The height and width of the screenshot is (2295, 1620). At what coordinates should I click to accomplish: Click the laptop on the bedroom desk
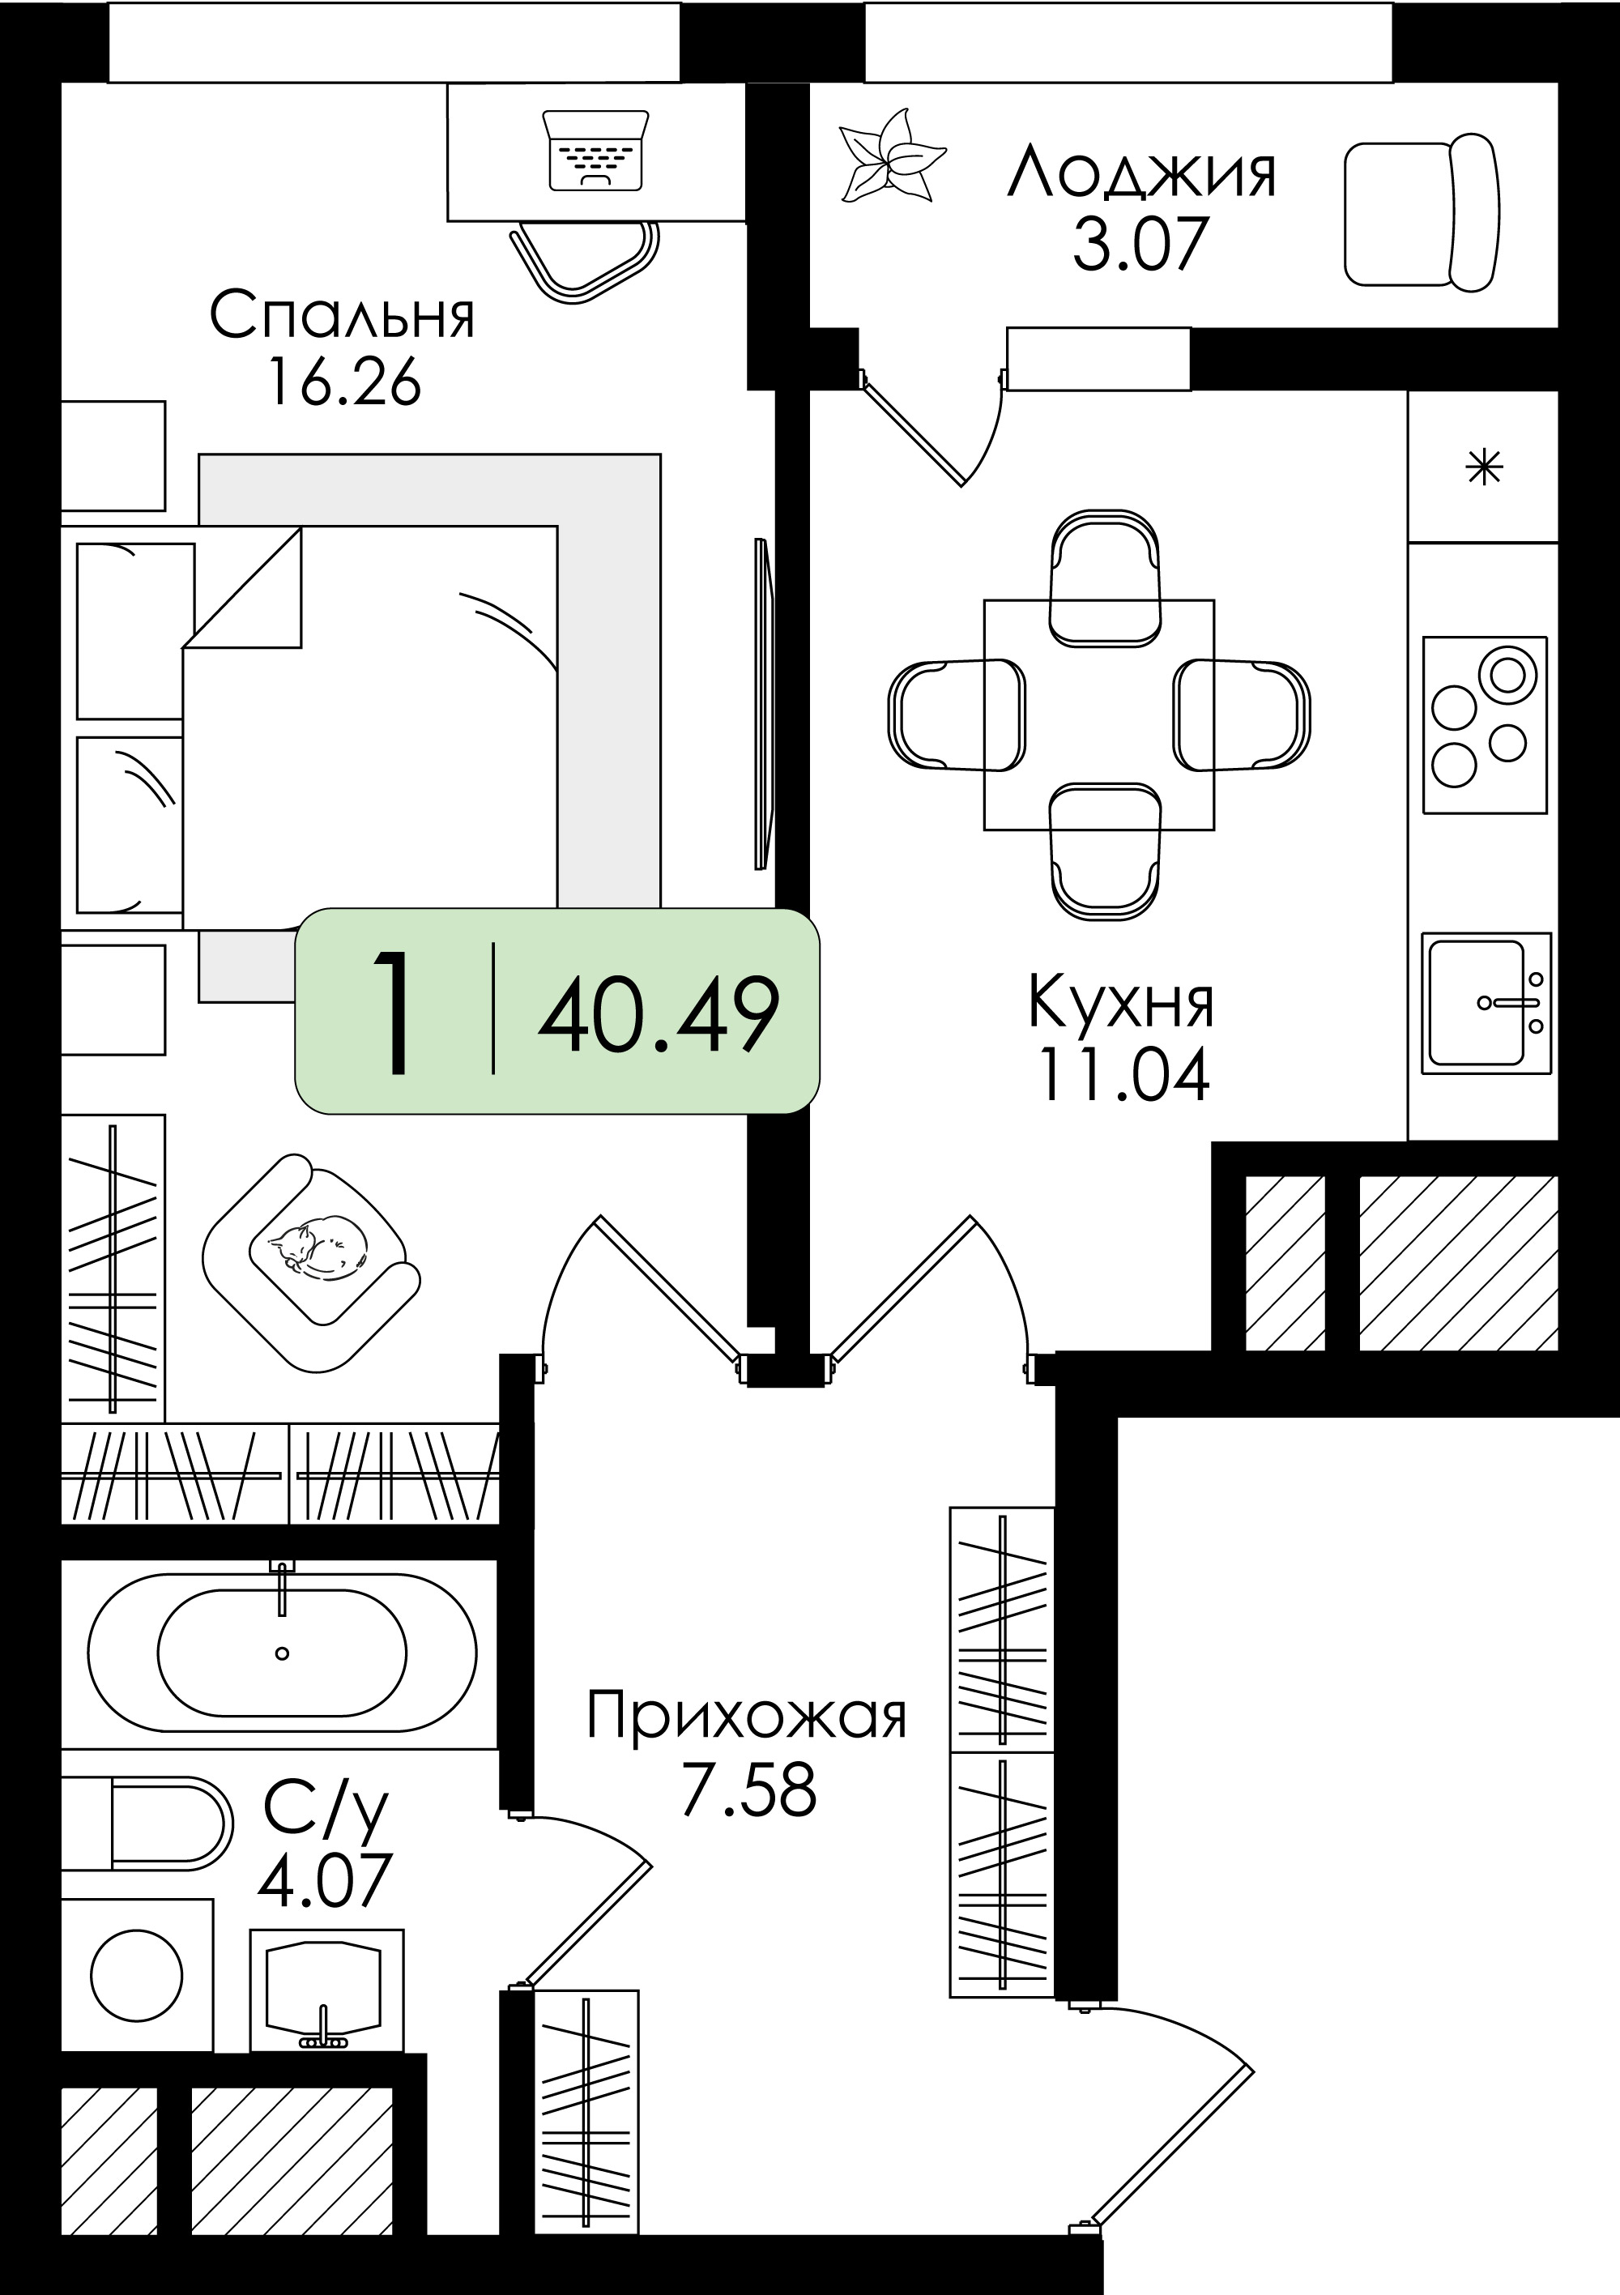coord(595,149)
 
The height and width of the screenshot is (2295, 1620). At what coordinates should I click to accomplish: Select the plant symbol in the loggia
coord(892,156)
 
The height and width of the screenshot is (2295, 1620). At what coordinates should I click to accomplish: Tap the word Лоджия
coord(1141,172)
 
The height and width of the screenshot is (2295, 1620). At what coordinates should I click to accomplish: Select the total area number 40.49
coord(659,1014)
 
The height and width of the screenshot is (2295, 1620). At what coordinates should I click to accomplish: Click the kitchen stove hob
coord(1484,725)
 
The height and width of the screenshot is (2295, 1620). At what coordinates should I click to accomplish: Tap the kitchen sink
coord(1487,1003)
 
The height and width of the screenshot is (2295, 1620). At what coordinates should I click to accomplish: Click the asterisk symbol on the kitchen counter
coord(1484,467)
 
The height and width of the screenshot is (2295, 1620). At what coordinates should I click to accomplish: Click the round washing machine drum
coord(137,1975)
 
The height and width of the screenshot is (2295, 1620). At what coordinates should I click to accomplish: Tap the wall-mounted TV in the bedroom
coord(764,704)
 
